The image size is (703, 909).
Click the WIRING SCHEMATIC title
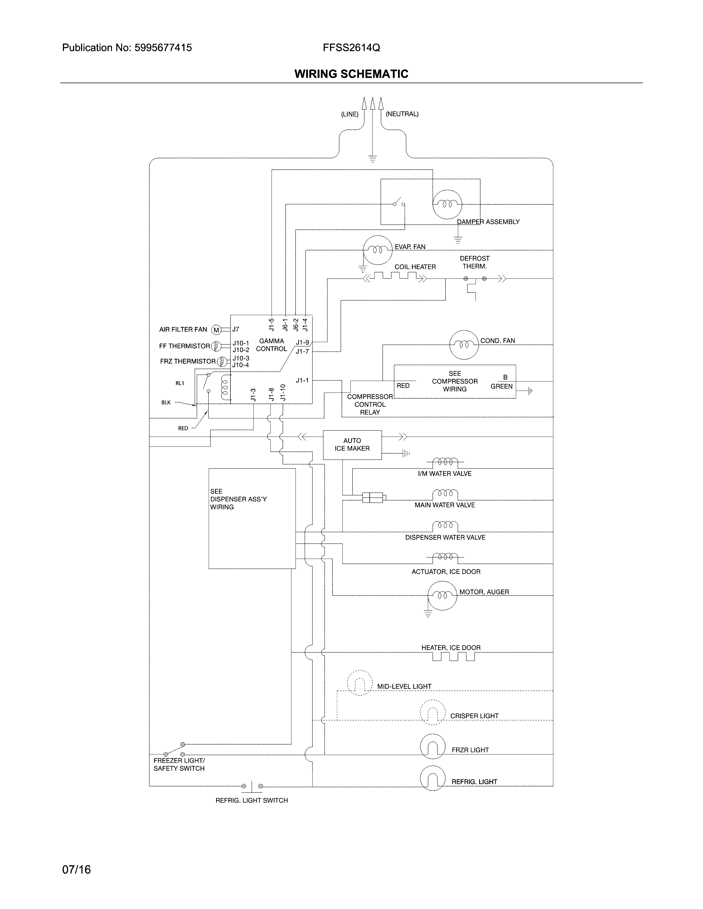pos(351,74)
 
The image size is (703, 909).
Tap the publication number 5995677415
pos(163,48)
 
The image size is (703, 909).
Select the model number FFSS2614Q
pos(351,48)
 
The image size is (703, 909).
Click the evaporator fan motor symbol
pos(378,250)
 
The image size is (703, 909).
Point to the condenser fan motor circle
pos(464,345)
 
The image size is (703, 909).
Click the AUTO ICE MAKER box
pos(352,445)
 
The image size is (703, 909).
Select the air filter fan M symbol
pos(216,330)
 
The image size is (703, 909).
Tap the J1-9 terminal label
pos(302,343)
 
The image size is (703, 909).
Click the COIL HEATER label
pos(415,267)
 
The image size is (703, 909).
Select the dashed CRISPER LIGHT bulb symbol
pos(433,713)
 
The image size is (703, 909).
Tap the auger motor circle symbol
pos(442,595)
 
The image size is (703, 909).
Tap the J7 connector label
pos(236,329)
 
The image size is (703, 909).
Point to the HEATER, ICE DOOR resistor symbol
pos(453,656)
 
